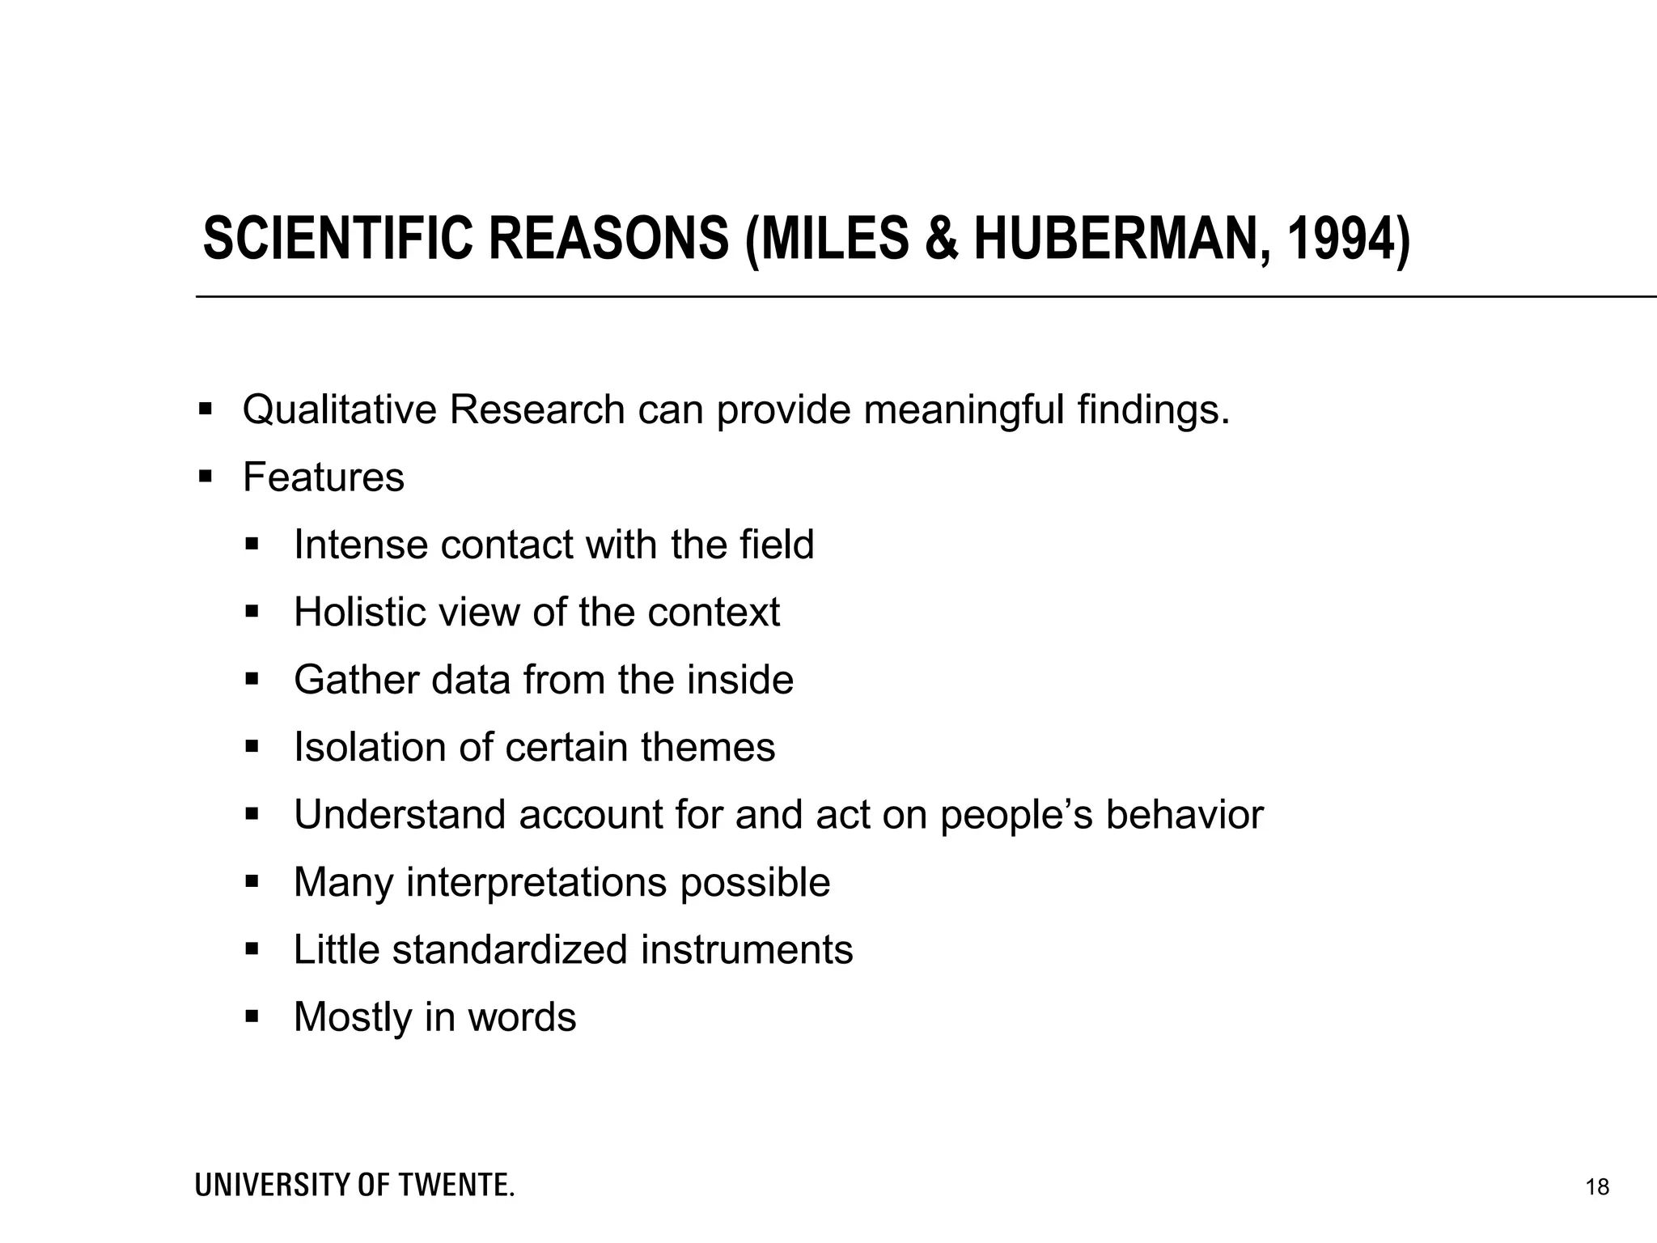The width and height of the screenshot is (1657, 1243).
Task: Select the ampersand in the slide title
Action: point(940,240)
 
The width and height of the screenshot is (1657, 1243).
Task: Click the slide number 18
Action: point(1597,1187)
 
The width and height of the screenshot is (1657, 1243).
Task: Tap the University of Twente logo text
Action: point(354,1186)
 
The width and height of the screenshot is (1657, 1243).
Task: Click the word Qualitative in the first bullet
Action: point(339,410)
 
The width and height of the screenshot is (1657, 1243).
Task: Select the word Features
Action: point(323,477)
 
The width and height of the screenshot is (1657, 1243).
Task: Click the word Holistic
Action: point(360,613)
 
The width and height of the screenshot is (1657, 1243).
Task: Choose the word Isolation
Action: point(369,747)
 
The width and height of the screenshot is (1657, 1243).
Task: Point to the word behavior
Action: point(1184,815)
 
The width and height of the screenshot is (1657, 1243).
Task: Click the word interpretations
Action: point(536,883)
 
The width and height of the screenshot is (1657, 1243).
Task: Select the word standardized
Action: point(510,950)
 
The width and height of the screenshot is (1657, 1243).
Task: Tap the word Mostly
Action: point(353,1018)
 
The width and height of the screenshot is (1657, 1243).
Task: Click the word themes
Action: point(708,747)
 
